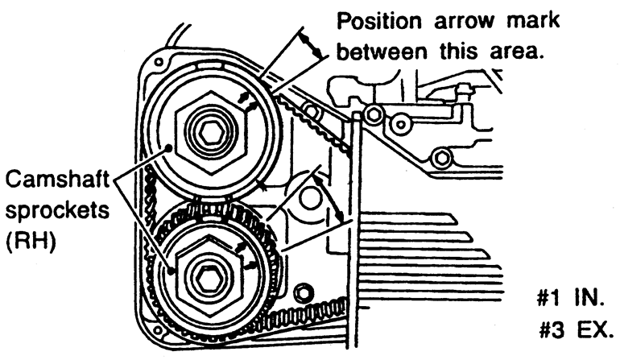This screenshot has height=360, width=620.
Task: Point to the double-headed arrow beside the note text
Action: pos(311,44)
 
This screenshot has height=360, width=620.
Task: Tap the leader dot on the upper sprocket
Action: pos(166,147)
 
